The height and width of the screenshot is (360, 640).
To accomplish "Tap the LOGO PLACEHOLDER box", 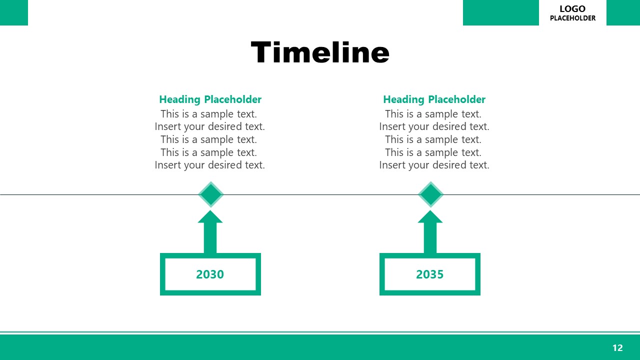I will click(572, 13).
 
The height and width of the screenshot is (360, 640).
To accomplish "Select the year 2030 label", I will click(210, 274).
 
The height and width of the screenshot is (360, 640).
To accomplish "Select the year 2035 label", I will click(430, 274).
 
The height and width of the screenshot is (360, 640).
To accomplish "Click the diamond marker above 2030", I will click(210, 194).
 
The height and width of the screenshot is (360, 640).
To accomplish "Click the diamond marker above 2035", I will click(430, 194).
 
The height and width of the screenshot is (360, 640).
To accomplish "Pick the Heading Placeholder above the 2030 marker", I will click(210, 99).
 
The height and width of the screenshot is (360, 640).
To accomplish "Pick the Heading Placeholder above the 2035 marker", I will click(434, 99).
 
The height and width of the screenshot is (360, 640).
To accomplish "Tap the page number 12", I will click(617, 348).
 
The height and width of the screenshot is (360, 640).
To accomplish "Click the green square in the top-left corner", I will click(13, 12).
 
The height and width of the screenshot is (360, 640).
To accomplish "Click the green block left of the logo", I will click(500, 12).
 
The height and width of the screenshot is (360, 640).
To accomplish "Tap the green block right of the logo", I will click(623, 12).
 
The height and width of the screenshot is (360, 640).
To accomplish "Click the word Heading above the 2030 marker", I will click(180, 100).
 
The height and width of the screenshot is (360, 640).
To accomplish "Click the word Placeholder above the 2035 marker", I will click(456, 99).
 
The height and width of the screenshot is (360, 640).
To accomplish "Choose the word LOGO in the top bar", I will click(572, 9).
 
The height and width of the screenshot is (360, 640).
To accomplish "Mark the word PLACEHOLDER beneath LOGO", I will click(572, 18).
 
